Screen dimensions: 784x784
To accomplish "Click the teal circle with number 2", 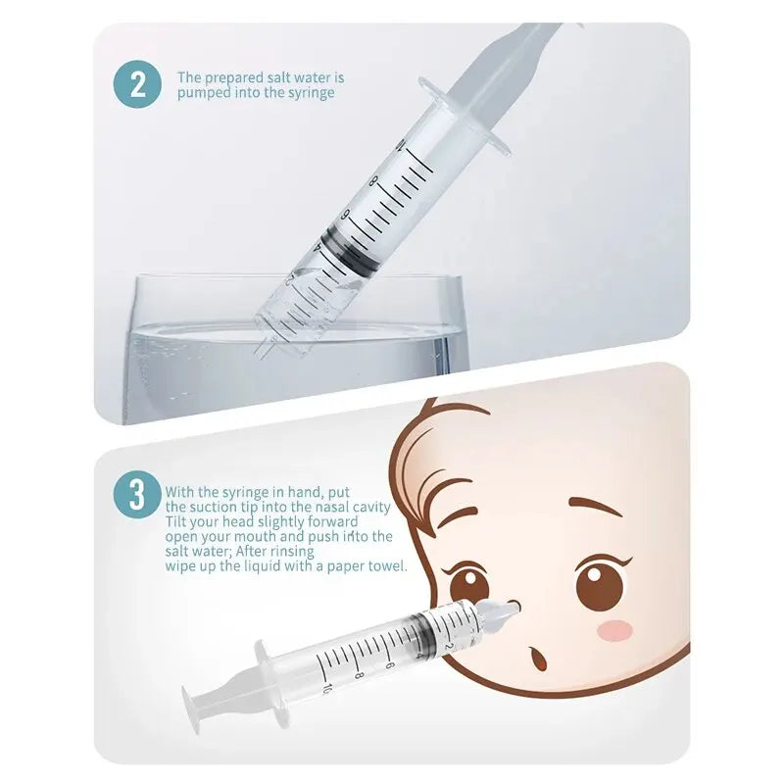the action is (137, 84).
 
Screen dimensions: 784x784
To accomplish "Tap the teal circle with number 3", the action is (137, 495).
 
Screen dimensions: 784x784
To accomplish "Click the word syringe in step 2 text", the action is (310, 93).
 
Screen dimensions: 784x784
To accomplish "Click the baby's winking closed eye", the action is (458, 517).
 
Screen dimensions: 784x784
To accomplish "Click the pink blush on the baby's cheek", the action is (615, 629).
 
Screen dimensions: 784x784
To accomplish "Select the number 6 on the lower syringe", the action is (390, 665).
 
